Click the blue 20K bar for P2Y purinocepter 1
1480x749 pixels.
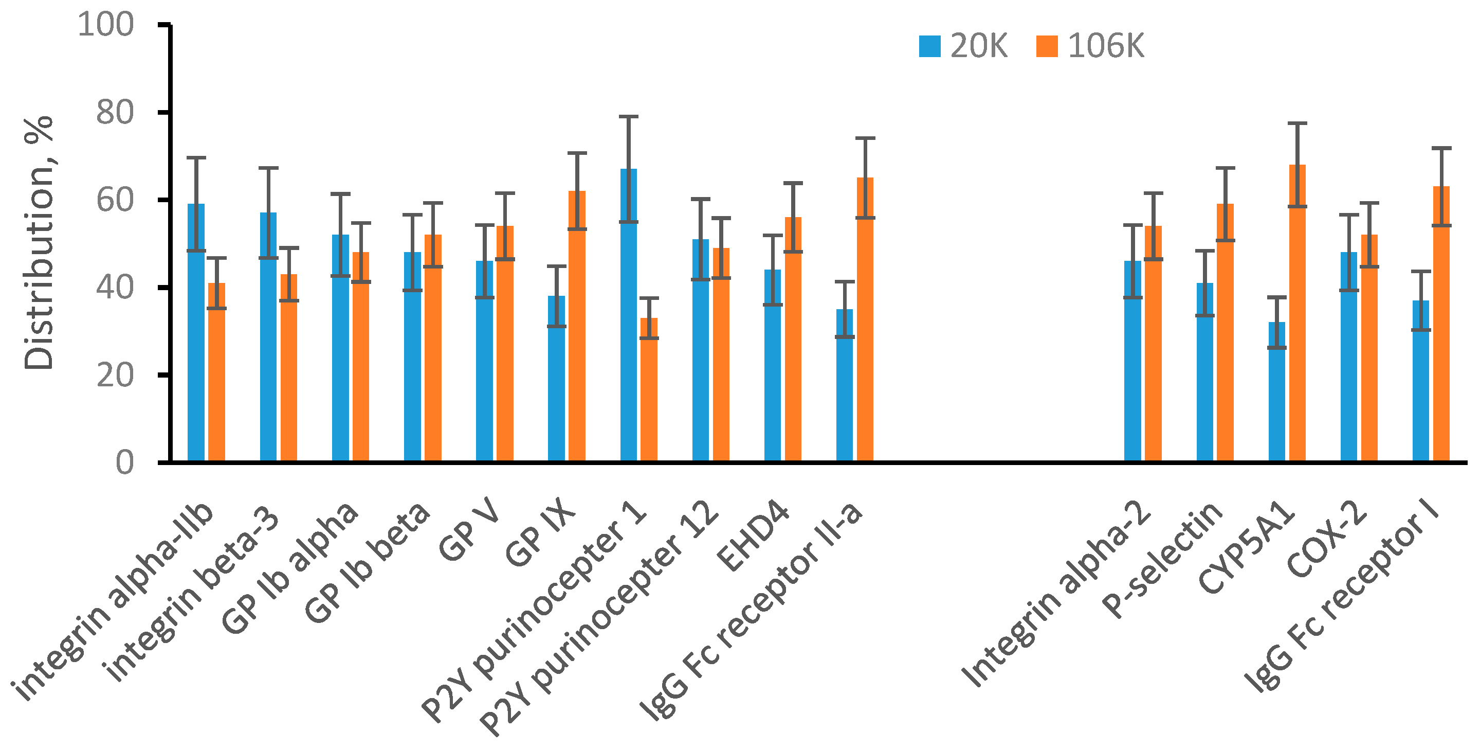[628, 345]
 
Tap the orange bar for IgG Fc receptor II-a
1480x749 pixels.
[865, 339]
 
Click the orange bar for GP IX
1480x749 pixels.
[577, 345]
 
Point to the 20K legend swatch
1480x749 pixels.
[929, 46]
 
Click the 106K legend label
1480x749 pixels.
[1105, 46]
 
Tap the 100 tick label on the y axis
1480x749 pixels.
[106, 25]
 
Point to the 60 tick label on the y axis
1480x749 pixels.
[115, 200]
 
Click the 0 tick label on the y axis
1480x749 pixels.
[125, 462]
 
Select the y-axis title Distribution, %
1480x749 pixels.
[39, 243]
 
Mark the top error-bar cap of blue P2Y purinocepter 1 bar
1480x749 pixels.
[628, 117]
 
